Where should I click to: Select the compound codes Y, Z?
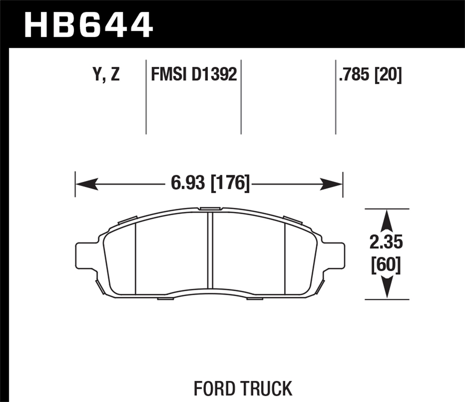[x=106, y=75]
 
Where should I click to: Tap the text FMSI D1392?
[x=194, y=75]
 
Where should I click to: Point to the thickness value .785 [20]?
[x=370, y=75]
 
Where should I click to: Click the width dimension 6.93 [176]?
[x=210, y=183]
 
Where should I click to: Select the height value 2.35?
[x=386, y=242]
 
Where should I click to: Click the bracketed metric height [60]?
[x=386, y=265]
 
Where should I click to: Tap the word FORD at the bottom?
[x=215, y=389]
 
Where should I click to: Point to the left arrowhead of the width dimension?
[x=86, y=184]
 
